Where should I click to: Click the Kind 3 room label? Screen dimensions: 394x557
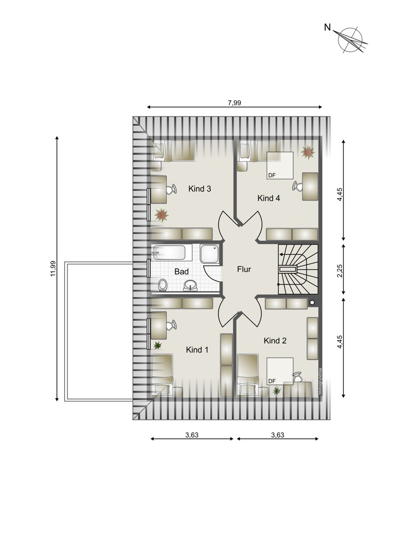point(200,189)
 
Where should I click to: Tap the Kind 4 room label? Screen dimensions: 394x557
point(269,198)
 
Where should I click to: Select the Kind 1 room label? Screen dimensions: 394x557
point(197,350)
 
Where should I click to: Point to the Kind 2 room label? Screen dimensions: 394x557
point(275,340)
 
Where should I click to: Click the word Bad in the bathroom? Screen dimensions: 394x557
point(182,272)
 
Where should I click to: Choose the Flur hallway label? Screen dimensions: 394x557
point(244,269)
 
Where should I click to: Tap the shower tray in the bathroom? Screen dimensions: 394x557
point(210,253)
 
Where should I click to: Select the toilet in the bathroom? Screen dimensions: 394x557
point(163,285)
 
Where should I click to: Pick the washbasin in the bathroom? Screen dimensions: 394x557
point(190,285)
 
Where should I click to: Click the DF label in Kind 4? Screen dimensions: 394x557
point(272,175)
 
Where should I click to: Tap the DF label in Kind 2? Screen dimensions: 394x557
point(272,381)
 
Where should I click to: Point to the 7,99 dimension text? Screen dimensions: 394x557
point(235,103)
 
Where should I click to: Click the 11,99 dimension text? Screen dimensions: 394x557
point(53,269)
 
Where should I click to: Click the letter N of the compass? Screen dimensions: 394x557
point(327,27)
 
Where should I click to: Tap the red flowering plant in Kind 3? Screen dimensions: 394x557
point(162,215)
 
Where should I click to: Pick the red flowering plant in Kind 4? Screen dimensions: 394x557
point(308,152)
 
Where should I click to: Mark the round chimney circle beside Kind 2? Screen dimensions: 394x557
point(312,302)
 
